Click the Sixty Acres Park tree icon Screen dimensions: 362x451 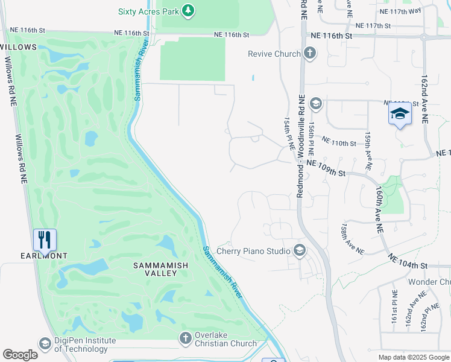tap(189, 10)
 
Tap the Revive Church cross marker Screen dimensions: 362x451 tap(309, 54)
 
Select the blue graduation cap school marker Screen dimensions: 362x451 tap(400, 113)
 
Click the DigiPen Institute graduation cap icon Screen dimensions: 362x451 tap(45, 344)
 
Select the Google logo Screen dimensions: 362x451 tap(20, 355)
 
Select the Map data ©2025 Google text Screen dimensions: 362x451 tap(413, 357)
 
